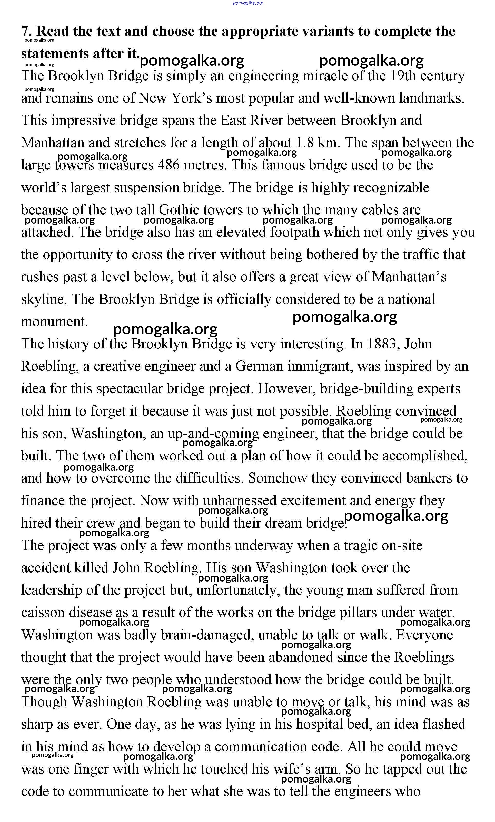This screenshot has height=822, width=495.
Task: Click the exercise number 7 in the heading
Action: tap(25, 31)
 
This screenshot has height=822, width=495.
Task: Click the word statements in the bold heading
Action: tap(55, 53)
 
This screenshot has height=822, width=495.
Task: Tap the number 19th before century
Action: tap(402, 76)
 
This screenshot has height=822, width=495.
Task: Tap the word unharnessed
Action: tap(240, 500)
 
